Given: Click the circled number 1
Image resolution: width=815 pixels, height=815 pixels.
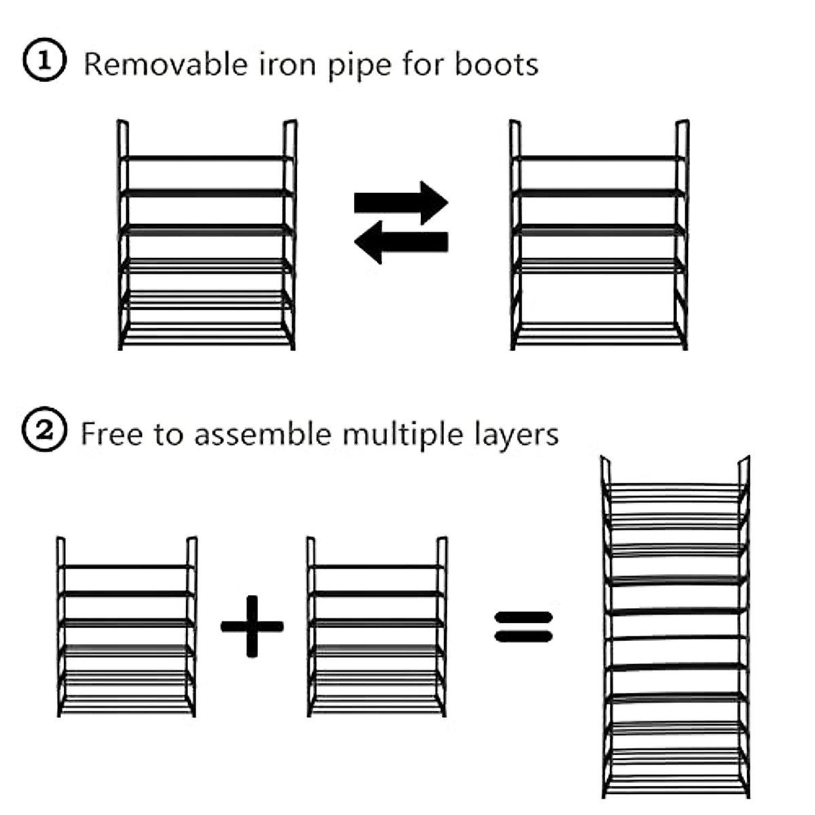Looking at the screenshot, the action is click(x=44, y=60).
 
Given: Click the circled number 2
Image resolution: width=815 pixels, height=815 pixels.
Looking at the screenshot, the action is click(x=44, y=429).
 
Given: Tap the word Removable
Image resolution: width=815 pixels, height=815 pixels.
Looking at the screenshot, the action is click(x=166, y=65).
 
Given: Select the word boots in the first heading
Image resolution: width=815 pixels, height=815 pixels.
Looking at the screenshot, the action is click(x=496, y=65).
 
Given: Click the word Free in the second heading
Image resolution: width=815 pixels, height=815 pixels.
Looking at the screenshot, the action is click(x=111, y=434).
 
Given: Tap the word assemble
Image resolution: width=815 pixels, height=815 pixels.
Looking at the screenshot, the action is click(x=263, y=434).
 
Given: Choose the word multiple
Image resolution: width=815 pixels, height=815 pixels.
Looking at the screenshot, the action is click(x=403, y=435).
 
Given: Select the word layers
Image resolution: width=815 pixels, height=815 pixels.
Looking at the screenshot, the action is click(x=516, y=435).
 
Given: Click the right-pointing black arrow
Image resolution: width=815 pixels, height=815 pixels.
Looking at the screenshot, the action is click(x=401, y=202).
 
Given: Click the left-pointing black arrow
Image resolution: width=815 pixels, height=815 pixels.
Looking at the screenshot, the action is click(x=401, y=242).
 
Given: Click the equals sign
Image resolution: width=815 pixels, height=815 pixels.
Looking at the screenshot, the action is click(x=524, y=627).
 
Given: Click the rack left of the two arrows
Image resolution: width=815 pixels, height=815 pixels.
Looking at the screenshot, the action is click(x=207, y=235).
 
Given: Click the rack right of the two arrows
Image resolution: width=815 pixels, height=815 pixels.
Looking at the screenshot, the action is click(x=599, y=235).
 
